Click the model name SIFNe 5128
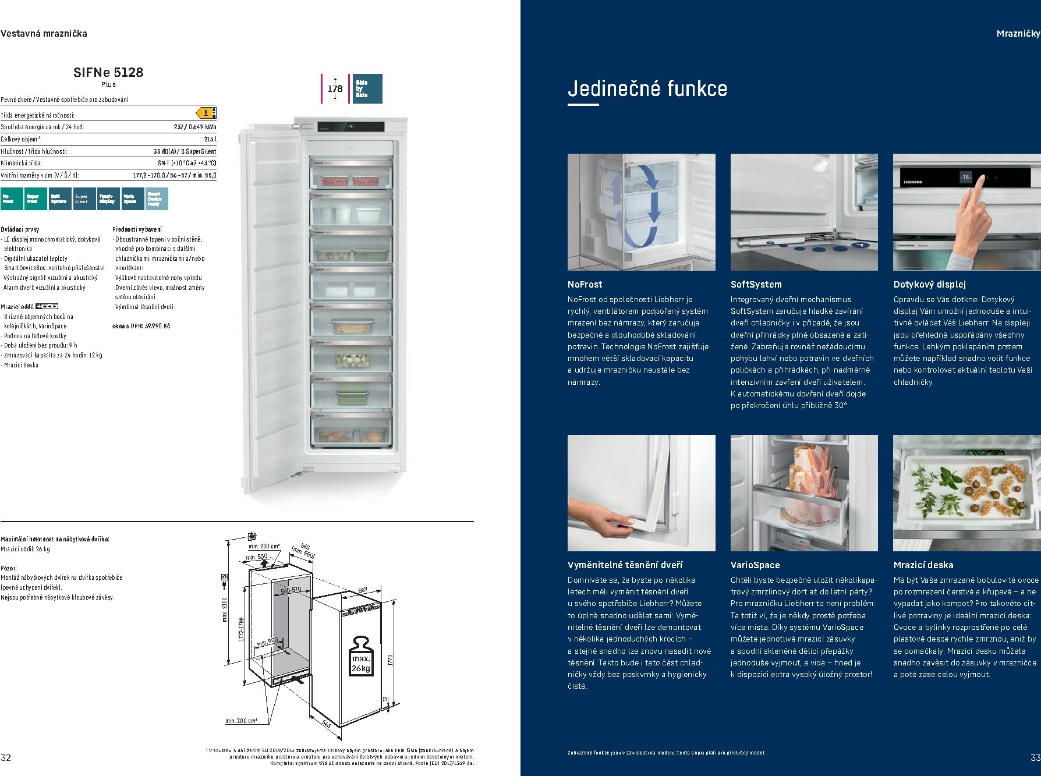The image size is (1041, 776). click(108, 72)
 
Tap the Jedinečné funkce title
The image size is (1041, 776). click(647, 88)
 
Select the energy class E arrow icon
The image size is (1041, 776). click(206, 113)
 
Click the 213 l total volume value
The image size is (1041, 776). click(210, 139)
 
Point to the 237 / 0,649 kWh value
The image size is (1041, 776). click(194, 127)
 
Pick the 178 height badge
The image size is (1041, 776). click(335, 88)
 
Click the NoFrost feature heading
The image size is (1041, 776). click(585, 285)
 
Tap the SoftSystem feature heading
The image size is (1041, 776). click(756, 285)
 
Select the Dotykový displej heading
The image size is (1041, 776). click(929, 285)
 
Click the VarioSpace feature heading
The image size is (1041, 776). click(755, 565)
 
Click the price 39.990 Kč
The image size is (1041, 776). click(157, 326)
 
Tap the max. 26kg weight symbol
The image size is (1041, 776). click(360, 656)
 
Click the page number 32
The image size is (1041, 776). click(6, 757)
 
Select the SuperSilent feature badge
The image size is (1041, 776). click(82, 199)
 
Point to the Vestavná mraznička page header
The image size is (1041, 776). click(44, 34)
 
